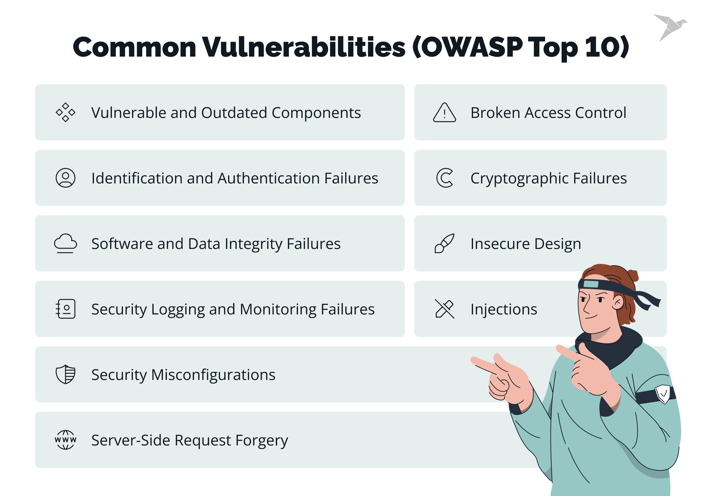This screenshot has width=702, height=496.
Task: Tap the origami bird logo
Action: pyautogui.click(x=670, y=27)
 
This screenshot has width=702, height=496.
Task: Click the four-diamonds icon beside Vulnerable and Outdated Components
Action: pyautogui.click(x=66, y=112)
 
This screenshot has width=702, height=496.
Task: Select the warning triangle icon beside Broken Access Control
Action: pyautogui.click(x=445, y=113)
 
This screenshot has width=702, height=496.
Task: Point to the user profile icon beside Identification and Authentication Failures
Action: pyautogui.click(x=66, y=178)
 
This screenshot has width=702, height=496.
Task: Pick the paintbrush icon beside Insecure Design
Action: pyautogui.click(x=445, y=243)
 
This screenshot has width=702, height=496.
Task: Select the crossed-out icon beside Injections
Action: pyautogui.click(x=445, y=309)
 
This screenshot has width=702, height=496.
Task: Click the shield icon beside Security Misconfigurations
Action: pyautogui.click(x=66, y=374)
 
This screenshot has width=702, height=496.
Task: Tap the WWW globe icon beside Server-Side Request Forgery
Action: pyautogui.click(x=66, y=440)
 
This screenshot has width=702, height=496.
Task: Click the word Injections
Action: pyautogui.click(x=504, y=309)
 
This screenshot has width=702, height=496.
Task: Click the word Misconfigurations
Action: pyautogui.click(x=213, y=375)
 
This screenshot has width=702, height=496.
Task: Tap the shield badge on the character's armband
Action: pyautogui.click(x=663, y=394)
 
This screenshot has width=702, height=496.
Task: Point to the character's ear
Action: pyautogui.click(x=618, y=302)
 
